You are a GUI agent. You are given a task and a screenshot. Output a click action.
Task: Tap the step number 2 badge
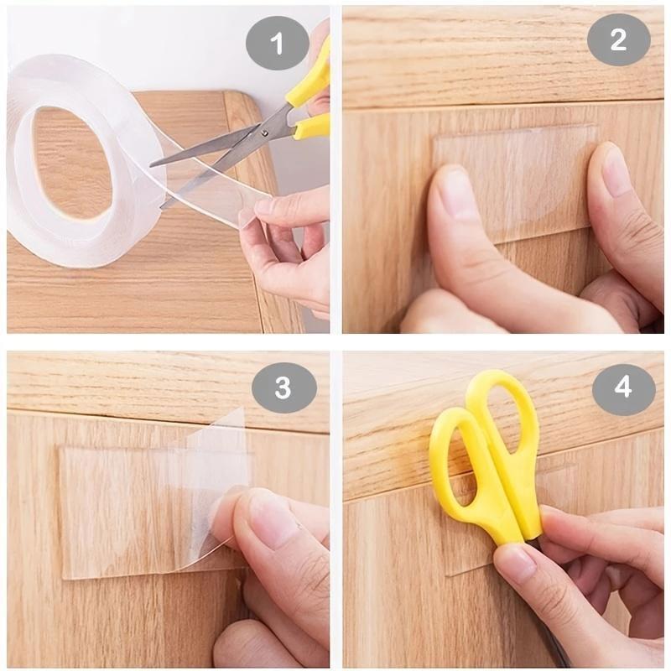point(618,39)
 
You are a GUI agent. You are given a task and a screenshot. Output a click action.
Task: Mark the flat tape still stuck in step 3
point(109,512)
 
